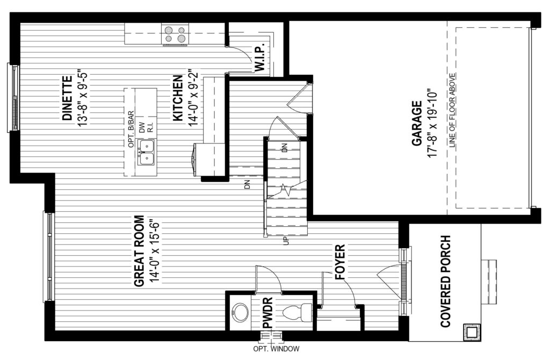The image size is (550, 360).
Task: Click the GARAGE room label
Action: point(417,123)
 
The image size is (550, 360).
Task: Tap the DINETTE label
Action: point(67,98)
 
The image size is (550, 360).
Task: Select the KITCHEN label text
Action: point(178,98)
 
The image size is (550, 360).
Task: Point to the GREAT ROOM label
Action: point(139,251)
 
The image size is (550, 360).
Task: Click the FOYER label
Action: point(340,262)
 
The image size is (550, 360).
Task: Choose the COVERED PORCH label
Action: point(445,282)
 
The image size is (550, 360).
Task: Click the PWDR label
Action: point(267,313)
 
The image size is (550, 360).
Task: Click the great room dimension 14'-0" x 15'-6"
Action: point(154,251)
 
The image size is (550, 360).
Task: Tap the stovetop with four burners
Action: point(175,35)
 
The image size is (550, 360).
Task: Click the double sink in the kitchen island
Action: point(147,153)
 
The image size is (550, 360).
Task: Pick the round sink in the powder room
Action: point(240,312)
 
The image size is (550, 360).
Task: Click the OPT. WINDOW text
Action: point(277,349)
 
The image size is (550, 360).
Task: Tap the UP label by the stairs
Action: point(286,241)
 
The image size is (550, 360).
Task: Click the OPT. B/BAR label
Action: point(131,129)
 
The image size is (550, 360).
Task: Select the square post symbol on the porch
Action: point(470,331)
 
